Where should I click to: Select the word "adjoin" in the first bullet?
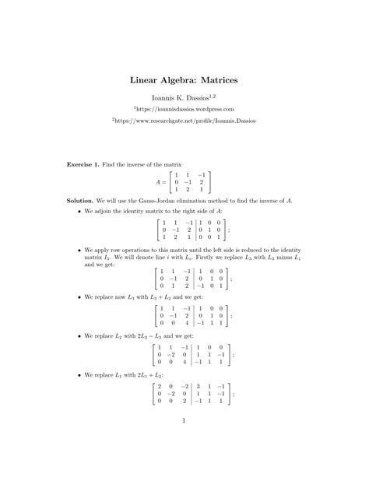pyautogui.click(x=106, y=211)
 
